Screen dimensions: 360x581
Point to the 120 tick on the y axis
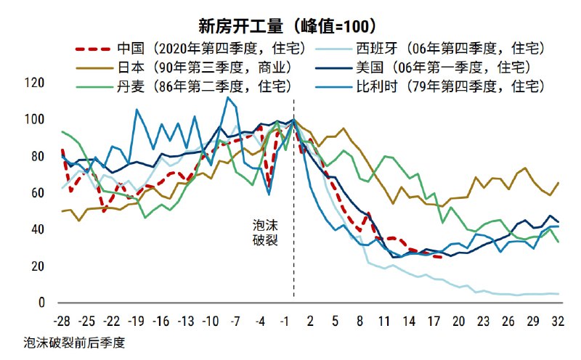pos(35,83)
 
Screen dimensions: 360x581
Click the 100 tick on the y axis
pos(35,119)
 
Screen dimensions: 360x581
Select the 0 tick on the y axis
pos(41,303)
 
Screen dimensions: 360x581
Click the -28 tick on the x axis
pos(62,320)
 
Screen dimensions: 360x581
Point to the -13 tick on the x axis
pos(186,320)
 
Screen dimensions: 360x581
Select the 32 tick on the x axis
pos(557,320)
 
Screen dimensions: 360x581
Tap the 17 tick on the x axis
pos(434,320)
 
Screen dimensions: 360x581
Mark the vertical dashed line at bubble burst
pos(293,218)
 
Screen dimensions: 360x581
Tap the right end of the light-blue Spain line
pos(557,294)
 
